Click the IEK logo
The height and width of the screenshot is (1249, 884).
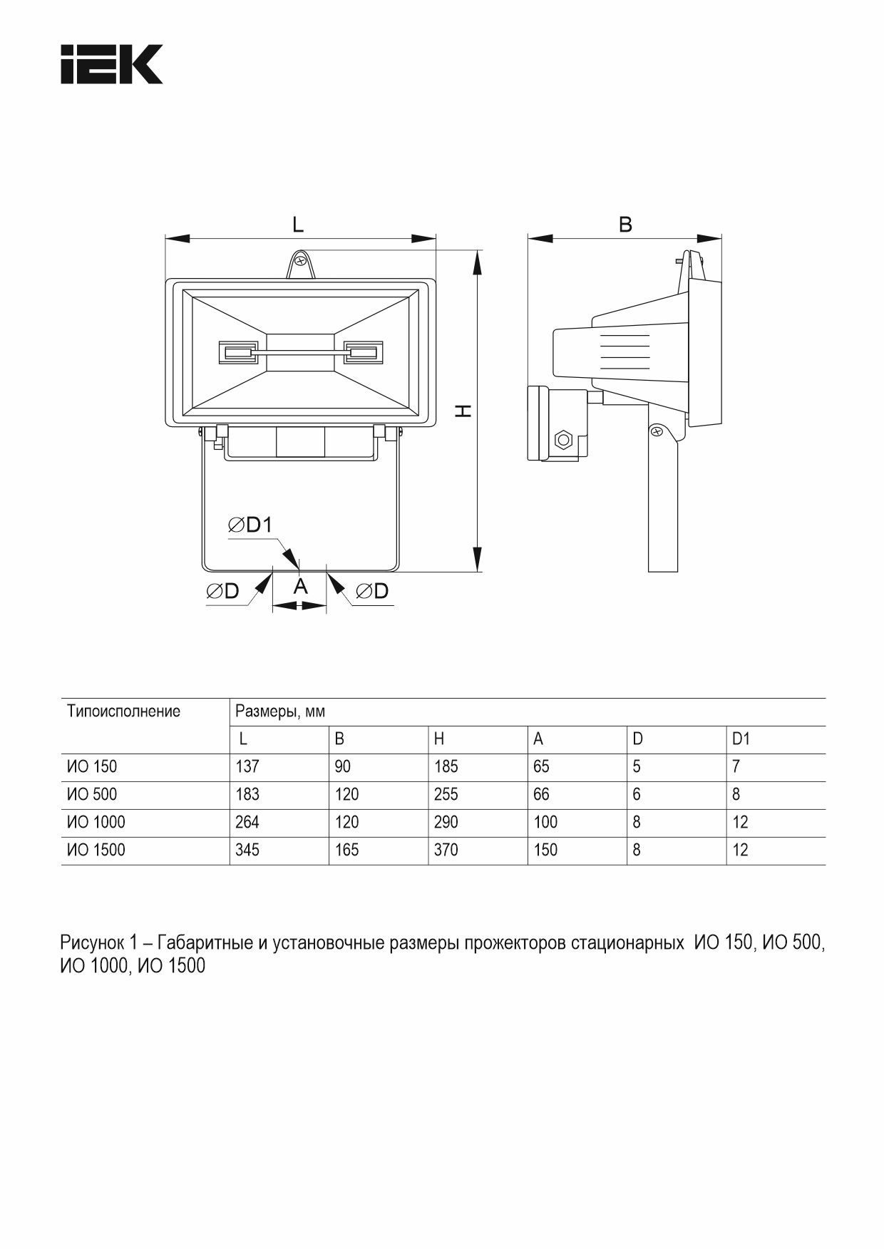(x=111, y=64)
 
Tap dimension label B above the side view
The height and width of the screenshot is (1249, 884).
(x=625, y=224)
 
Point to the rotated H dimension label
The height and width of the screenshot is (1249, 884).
(x=463, y=411)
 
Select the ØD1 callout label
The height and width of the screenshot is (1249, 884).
(x=250, y=525)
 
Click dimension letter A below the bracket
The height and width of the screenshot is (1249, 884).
(x=300, y=587)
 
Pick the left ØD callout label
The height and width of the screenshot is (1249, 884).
(x=222, y=591)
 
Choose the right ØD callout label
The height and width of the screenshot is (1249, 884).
(x=371, y=591)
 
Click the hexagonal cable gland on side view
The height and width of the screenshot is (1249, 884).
(x=562, y=439)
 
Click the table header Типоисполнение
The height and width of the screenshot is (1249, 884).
(x=123, y=711)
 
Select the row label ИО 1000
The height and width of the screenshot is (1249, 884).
(x=96, y=822)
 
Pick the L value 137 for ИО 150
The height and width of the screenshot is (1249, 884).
(x=247, y=766)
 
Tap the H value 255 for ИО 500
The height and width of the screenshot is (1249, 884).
(x=446, y=794)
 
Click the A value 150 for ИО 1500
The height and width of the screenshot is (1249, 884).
(x=545, y=850)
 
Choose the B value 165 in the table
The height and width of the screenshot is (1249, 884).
(x=346, y=850)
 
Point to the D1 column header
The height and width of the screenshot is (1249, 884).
(x=741, y=739)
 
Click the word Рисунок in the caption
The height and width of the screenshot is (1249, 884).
(x=91, y=943)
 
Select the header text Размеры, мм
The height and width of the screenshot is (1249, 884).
(x=280, y=711)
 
